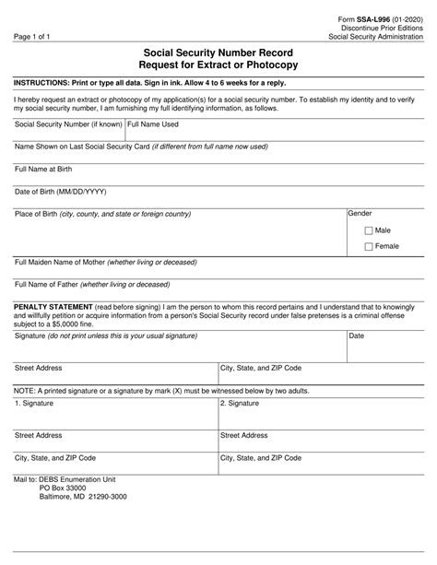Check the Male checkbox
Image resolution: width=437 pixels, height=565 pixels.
click(x=370, y=230)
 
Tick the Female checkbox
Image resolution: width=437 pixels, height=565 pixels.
click(x=370, y=247)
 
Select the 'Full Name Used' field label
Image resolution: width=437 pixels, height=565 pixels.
click(x=153, y=124)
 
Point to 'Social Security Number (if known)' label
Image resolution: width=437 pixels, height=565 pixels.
click(x=68, y=124)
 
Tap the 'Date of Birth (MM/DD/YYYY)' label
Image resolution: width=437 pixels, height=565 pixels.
click(x=61, y=192)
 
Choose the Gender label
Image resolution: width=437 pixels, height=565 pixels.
click(x=360, y=214)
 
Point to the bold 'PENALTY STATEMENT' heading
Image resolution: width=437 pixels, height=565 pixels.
click(x=53, y=305)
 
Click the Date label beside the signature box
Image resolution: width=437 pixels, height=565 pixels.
click(x=357, y=335)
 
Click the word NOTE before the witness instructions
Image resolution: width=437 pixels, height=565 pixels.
click(x=24, y=391)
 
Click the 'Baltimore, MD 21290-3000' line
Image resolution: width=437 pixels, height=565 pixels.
click(x=84, y=498)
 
